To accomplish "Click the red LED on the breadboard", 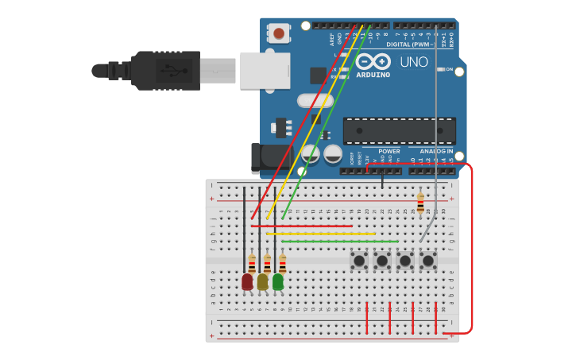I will pyautogui.click(x=247, y=281).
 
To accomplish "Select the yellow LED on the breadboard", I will pyautogui.click(x=262, y=281).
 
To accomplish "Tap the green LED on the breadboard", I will pyautogui.click(x=277, y=281).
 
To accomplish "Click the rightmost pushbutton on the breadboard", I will pyautogui.click(x=427, y=260).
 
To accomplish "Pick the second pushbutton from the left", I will pyautogui.click(x=381, y=260).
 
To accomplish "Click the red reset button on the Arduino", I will pyautogui.click(x=279, y=33).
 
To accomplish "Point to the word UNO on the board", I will pyautogui.click(x=413, y=62).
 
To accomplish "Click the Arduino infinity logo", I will pyautogui.click(x=373, y=61).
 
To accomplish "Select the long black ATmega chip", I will pyautogui.click(x=399, y=130).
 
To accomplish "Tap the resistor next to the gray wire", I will pyautogui.click(x=420, y=203).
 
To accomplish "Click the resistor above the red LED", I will pyautogui.click(x=252, y=264).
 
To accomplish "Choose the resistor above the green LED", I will pyautogui.click(x=282, y=264).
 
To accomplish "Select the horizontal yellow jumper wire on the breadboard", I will pyautogui.click(x=321, y=234).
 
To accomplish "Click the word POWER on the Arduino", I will pyautogui.click(x=389, y=151).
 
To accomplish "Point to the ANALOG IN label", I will pyautogui.click(x=436, y=151).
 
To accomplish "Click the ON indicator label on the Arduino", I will pyautogui.click(x=449, y=69).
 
